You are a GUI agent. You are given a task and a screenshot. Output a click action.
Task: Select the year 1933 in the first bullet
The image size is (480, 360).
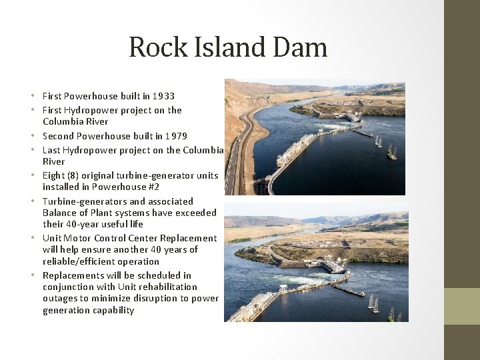coord(163,96)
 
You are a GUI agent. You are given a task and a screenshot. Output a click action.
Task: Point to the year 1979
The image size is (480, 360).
coord(175,136)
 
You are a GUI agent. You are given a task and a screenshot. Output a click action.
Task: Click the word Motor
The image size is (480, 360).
coord(78,238)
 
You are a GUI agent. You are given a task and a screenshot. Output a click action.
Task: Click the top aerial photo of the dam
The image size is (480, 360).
coord(315,137)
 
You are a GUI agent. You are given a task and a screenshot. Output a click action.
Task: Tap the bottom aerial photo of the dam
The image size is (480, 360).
coord(315,267)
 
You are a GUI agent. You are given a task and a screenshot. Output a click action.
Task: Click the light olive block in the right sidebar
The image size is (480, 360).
coord(462,306)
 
